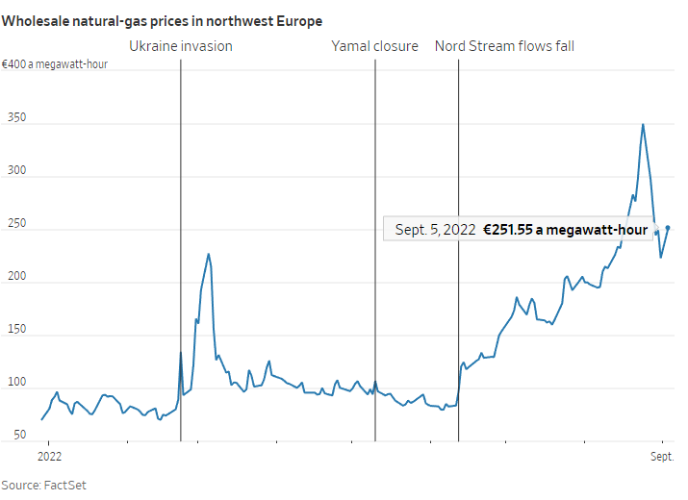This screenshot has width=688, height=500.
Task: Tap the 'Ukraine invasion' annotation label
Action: click(x=181, y=45)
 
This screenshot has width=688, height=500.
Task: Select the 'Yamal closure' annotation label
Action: click(x=375, y=45)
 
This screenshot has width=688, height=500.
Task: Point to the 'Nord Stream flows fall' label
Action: click(x=504, y=45)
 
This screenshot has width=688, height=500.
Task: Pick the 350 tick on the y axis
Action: click(x=13, y=119)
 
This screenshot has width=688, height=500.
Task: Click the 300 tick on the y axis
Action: click(x=13, y=172)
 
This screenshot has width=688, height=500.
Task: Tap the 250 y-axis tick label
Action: click(x=13, y=225)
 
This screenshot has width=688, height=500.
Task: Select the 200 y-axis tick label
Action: click(x=13, y=278)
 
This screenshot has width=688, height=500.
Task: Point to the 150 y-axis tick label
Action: click(x=13, y=330)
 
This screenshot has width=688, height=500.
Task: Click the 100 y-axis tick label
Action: click(x=13, y=383)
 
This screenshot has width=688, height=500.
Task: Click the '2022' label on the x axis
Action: click(x=49, y=455)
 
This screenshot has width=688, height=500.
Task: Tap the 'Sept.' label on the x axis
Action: click(x=661, y=455)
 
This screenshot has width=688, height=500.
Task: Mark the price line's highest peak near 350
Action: click(x=643, y=124)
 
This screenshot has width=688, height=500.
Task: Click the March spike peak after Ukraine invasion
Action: click(x=209, y=254)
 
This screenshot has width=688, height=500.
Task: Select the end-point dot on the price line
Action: click(x=668, y=228)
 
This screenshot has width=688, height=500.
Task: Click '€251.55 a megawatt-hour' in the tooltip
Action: click(x=565, y=230)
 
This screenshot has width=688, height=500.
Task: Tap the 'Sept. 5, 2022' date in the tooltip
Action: click(x=435, y=230)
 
